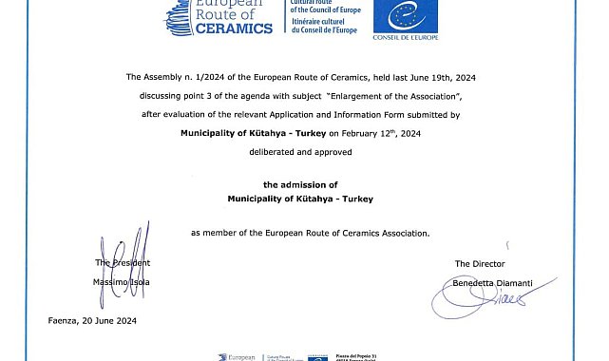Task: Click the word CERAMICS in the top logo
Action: click(x=234, y=28)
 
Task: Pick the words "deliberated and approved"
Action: click(x=300, y=152)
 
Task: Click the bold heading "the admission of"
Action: click(x=300, y=184)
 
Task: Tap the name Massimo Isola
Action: click(x=122, y=282)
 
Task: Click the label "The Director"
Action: click(x=480, y=263)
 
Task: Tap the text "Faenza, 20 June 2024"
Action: click(x=92, y=321)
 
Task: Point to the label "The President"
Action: click(x=123, y=263)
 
